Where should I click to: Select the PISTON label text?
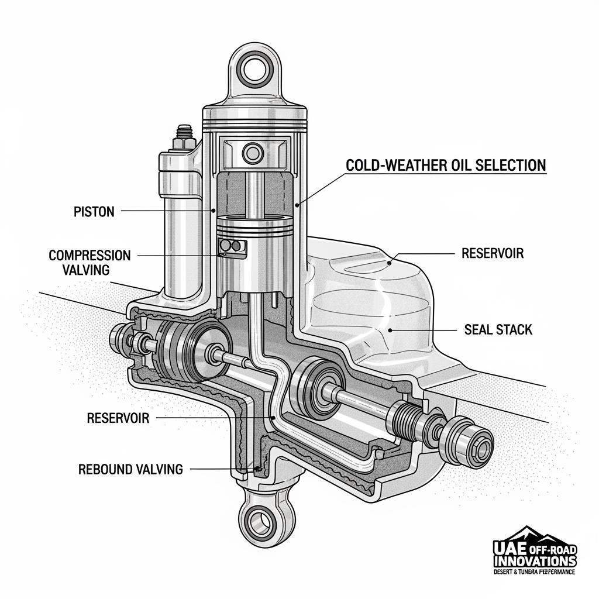(x=94, y=212)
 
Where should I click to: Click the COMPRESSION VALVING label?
(x=89, y=263)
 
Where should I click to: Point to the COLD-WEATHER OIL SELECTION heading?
(x=446, y=165)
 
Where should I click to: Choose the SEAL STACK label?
(x=498, y=329)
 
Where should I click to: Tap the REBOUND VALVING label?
(x=130, y=469)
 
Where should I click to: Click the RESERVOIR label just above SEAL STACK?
(x=493, y=253)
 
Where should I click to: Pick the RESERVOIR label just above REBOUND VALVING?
(x=118, y=418)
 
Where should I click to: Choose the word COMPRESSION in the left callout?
(x=89, y=255)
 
